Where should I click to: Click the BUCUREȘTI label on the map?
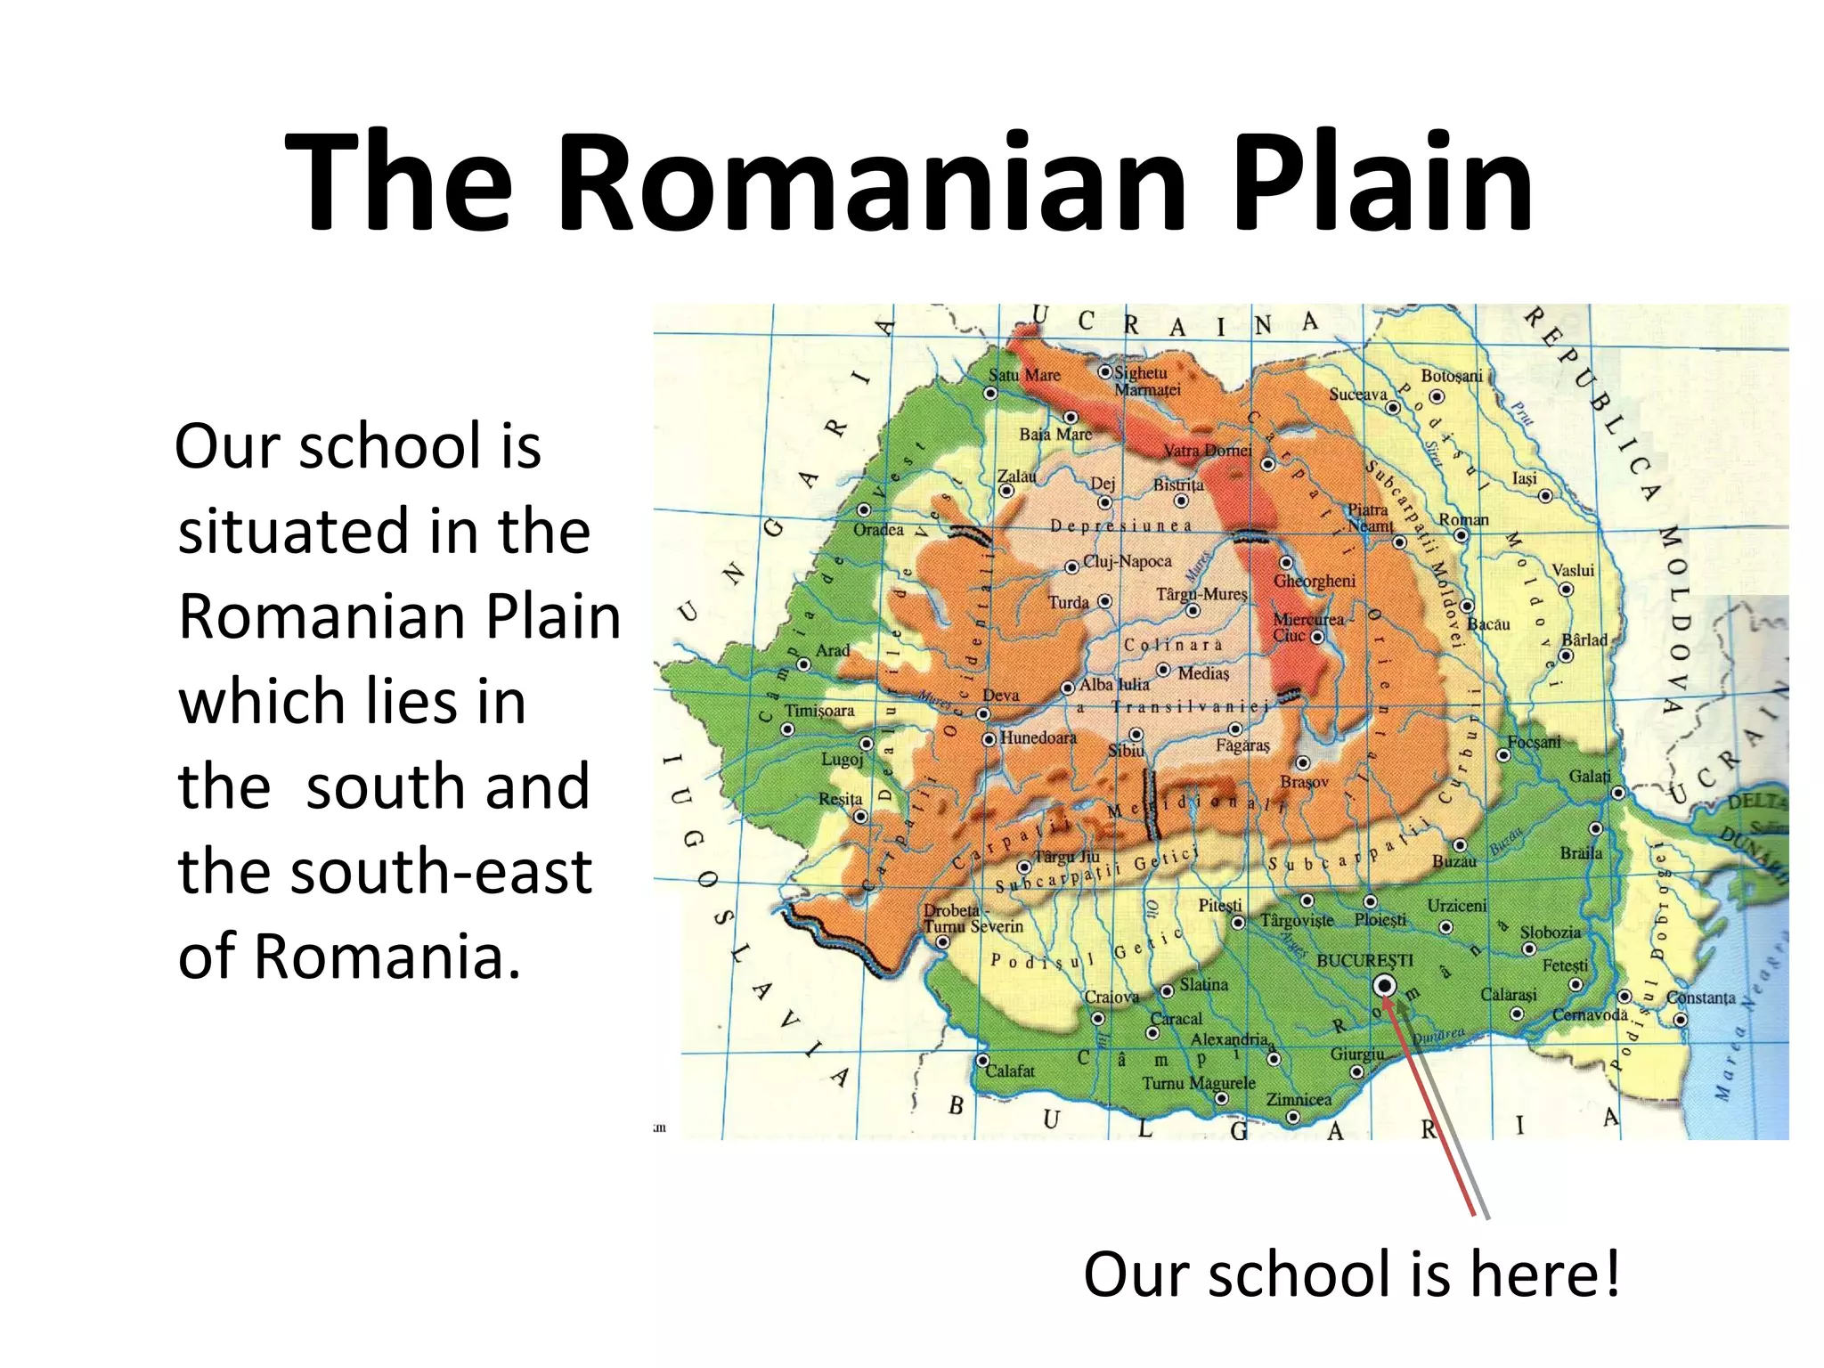coord(1364,961)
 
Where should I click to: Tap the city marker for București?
coord(1385,985)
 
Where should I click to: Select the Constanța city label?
coord(1701,997)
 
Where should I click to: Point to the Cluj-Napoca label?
coord(1127,562)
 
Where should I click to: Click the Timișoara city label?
coord(819,711)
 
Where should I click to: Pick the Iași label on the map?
coord(1525,478)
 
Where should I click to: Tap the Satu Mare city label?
coord(1024,375)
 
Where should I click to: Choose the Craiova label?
coord(1111,997)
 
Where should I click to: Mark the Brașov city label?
coord(1304,782)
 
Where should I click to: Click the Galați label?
coord(1590,777)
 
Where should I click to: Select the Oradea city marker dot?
coord(864,510)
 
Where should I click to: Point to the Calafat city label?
coord(1010,1071)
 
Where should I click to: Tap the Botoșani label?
coord(1452,376)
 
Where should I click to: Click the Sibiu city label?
coord(1126,751)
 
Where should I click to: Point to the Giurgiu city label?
coord(1357,1054)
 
